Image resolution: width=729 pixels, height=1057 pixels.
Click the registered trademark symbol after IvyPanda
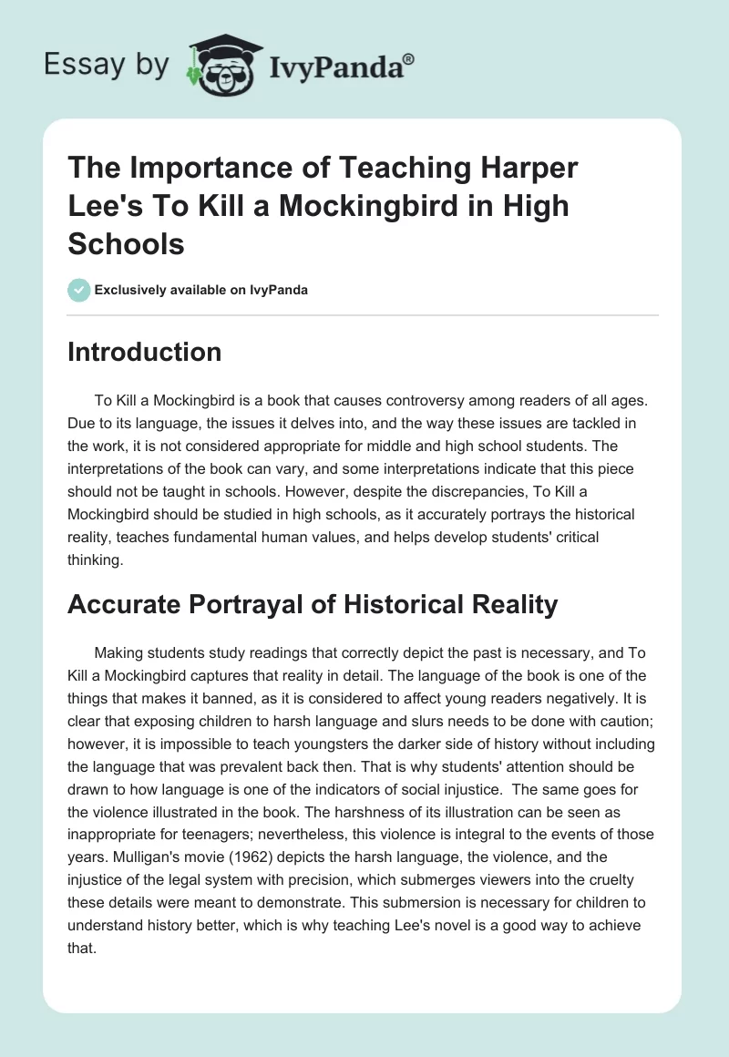(x=409, y=60)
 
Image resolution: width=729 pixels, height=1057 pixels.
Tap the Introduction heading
(x=144, y=352)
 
